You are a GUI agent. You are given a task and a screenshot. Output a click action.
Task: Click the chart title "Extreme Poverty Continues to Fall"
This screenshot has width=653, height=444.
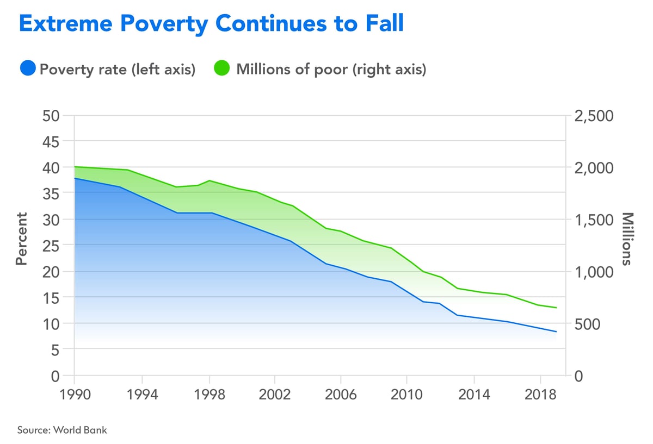tap(211, 24)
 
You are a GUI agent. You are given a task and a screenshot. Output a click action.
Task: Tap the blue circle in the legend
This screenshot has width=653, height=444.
tap(28, 69)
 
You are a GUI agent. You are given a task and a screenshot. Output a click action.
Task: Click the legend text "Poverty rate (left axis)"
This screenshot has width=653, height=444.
tap(118, 70)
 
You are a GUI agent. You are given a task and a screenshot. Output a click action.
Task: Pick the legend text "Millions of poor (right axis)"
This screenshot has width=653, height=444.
tap(331, 70)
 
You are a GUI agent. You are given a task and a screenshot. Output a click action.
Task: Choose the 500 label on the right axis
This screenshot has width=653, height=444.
tap(590, 324)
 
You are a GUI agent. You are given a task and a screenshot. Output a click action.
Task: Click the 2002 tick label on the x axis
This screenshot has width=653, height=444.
tap(275, 393)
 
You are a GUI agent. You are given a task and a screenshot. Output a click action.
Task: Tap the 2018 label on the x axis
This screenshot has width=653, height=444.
tap(540, 393)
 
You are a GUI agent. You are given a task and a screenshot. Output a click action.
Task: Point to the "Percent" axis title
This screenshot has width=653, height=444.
tap(21, 239)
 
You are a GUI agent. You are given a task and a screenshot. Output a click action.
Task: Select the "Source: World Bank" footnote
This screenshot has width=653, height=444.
tap(62, 430)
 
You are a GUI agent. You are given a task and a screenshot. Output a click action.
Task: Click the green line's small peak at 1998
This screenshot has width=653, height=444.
tap(210, 180)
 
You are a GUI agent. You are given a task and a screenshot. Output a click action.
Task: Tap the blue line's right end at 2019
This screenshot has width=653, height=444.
tap(556, 332)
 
